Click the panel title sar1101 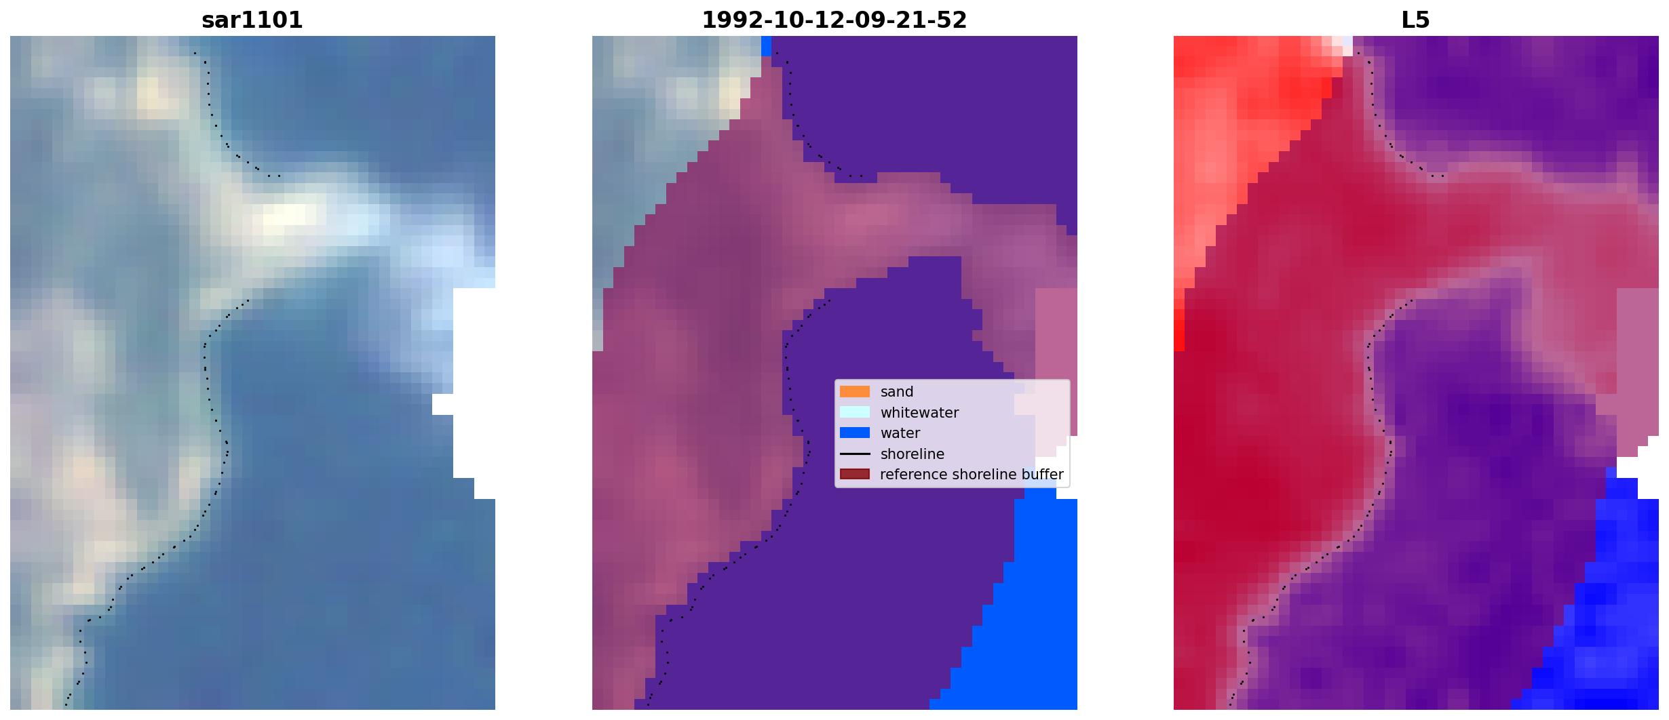(252, 20)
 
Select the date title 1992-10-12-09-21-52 (834, 20)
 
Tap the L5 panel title (1415, 20)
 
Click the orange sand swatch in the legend (855, 392)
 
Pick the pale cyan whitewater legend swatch (855, 412)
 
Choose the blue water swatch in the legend (855, 433)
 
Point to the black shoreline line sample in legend (855, 454)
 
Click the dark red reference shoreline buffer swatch (855, 475)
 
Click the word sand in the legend (897, 392)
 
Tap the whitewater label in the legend (919, 413)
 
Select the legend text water (900, 433)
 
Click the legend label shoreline (912, 454)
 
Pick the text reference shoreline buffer (972, 475)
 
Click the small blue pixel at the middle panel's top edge (767, 46)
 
